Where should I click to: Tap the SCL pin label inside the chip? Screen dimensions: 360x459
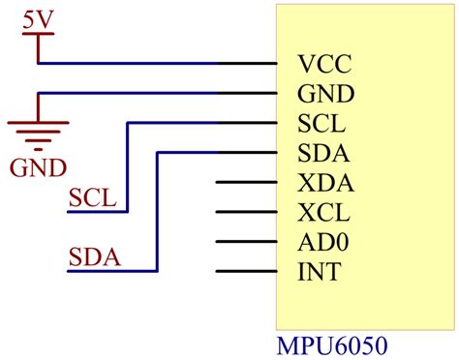coord(323,124)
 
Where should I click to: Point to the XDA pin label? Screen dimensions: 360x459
coord(325,183)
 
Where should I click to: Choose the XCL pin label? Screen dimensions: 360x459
coord(324,213)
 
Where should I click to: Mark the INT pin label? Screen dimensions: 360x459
coord(320,272)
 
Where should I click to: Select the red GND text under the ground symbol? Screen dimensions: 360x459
coord(38,168)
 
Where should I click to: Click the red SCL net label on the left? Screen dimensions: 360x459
coord(92,198)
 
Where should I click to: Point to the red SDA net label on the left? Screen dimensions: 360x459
coord(93,256)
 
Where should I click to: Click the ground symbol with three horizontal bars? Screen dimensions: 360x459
coord(37,131)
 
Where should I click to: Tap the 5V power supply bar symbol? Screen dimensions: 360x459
coord(38,35)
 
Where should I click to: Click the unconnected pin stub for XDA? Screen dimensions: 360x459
coord(246,182)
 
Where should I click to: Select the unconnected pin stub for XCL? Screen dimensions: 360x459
coord(246,212)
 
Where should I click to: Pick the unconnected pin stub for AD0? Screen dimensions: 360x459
coord(246,242)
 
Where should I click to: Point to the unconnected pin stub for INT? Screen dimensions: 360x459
coord(246,271)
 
